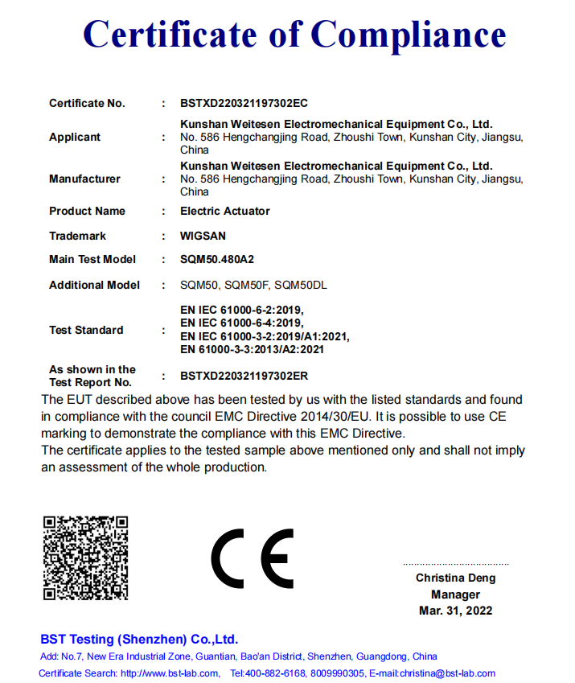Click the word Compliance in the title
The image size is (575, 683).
[x=409, y=35]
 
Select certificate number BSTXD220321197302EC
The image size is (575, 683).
[x=244, y=103]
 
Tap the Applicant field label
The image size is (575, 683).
[x=75, y=138]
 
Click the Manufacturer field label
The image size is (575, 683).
[x=84, y=179]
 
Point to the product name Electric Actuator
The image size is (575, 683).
[x=225, y=211]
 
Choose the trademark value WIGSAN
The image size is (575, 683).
[x=203, y=236]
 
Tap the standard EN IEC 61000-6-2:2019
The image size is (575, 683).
[x=242, y=311]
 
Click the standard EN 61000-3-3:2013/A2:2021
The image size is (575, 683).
[x=253, y=349]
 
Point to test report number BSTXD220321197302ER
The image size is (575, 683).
[x=244, y=376]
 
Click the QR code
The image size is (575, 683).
[x=85, y=558]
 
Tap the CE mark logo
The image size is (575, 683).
[x=253, y=558]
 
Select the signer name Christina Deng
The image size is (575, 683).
[x=455, y=578]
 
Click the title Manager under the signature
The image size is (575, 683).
[x=455, y=595]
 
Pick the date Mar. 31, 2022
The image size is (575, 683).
[x=455, y=611]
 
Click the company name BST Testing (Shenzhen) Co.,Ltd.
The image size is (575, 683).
[x=139, y=640]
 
